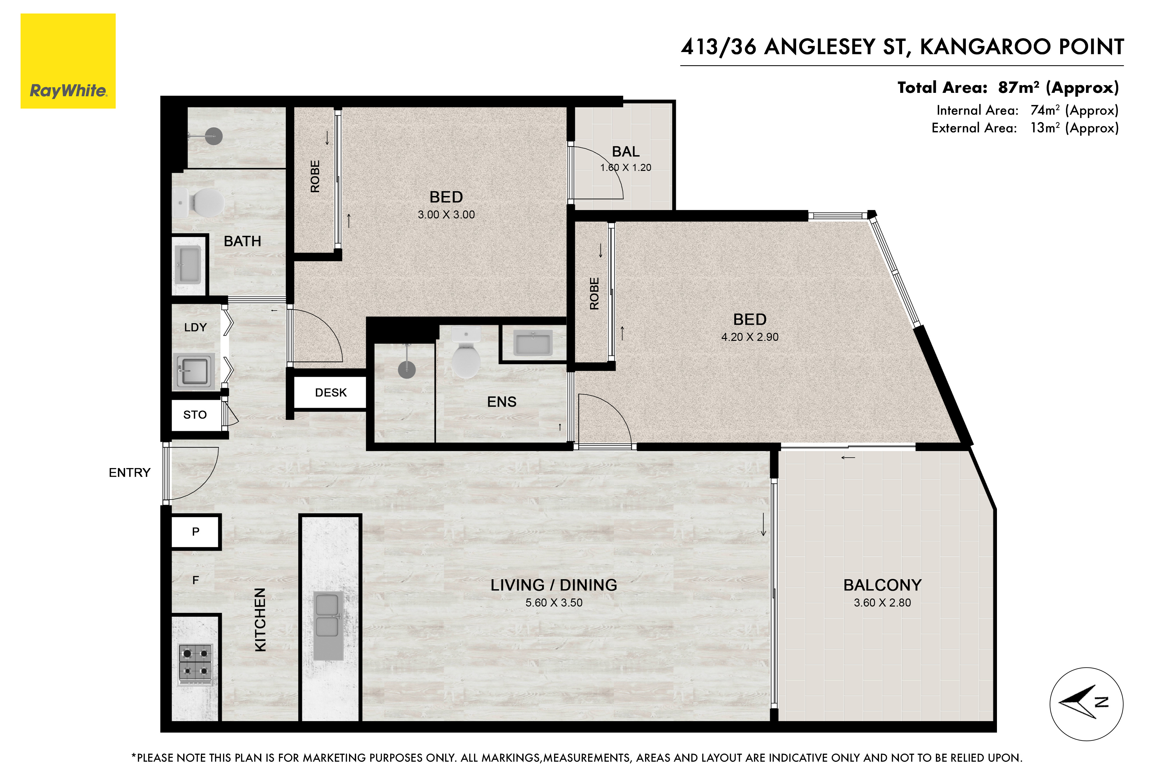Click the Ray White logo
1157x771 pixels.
click(68, 61)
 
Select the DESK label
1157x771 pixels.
click(331, 392)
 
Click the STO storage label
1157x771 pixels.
click(195, 414)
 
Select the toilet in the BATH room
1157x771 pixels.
click(199, 203)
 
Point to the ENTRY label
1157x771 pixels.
click(130, 473)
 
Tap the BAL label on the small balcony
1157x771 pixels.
click(626, 151)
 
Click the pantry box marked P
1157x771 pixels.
click(196, 532)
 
